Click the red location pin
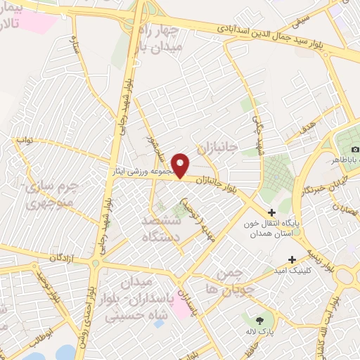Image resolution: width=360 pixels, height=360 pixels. click(x=181, y=165)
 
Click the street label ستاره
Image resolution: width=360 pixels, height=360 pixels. click(x=73, y=45)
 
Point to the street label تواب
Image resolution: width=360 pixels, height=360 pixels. click(x=25, y=140)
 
